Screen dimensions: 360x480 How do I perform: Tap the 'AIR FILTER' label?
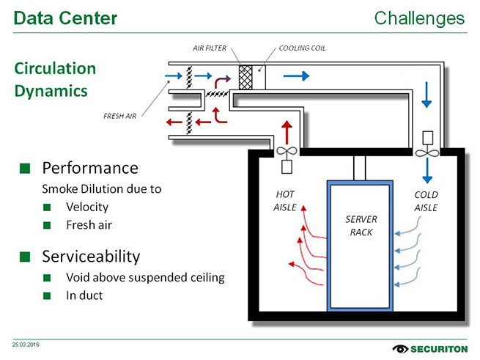pos(209,48)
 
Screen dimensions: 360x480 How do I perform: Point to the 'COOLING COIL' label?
pos(302,48)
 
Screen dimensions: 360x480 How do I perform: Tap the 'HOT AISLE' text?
pos(286,201)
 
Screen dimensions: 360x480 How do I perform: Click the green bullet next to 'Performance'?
pos(25,168)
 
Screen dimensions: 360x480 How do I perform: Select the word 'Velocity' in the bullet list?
pos(86,207)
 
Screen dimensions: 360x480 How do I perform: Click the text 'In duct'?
pos(84,295)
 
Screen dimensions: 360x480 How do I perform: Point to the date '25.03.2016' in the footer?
pos(26,343)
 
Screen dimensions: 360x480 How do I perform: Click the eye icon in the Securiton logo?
pos(402,348)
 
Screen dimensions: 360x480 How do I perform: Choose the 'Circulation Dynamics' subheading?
pos(55,79)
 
